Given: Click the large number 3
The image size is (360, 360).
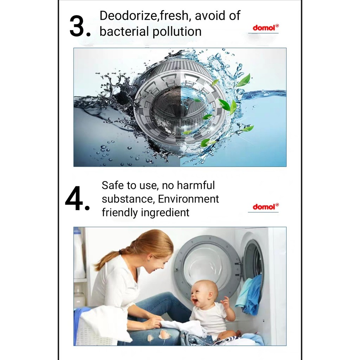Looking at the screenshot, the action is coord(77,26).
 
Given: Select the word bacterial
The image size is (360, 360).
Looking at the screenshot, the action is coord(124,31).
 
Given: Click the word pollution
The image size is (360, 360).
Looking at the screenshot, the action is coord(177,31).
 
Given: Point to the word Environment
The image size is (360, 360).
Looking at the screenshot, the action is coord(188,199).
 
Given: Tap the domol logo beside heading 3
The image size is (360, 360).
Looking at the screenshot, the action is coord(266,28).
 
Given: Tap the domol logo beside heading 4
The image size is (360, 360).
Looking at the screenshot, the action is coord(266,207).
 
